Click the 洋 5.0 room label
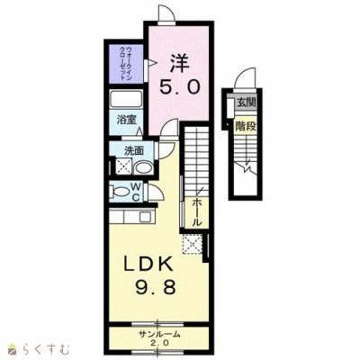[x=180, y=74]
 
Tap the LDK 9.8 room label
[x=149, y=275]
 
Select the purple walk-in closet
[x=126, y=64]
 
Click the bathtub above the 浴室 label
[x=126, y=99]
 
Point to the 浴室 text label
[x=126, y=120]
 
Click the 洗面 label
[x=134, y=151]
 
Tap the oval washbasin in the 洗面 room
[x=143, y=168]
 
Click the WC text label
[x=136, y=192]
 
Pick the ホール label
[x=196, y=212]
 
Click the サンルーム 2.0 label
[x=159, y=337]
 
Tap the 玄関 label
[x=247, y=103]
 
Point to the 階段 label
[x=246, y=126]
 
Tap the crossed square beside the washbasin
[x=123, y=166]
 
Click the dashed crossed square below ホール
[x=193, y=244]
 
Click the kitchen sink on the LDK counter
[x=146, y=217]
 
